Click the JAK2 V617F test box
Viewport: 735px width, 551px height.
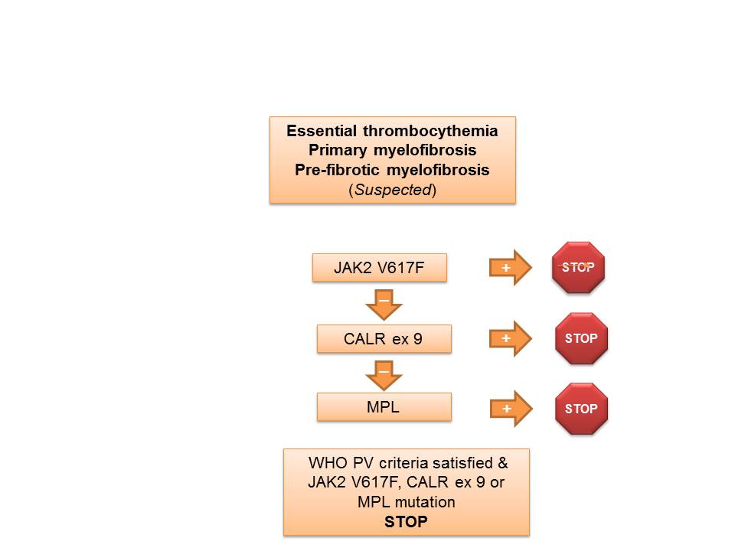click(x=379, y=268)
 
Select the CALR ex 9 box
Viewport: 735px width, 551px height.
click(x=384, y=338)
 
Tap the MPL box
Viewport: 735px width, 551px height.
click(x=384, y=407)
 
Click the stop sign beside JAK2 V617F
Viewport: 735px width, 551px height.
click(x=579, y=267)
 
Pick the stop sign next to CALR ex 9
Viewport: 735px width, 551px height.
click(x=581, y=338)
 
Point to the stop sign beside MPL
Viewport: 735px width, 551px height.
click(x=581, y=409)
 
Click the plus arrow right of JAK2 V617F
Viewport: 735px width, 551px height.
click(x=510, y=268)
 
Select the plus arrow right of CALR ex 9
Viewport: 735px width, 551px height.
click(x=510, y=338)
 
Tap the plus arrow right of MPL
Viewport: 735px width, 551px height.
click(x=510, y=409)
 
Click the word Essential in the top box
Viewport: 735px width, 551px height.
click(x=317, y=131)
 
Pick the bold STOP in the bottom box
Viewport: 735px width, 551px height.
click(x=407, y=521)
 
